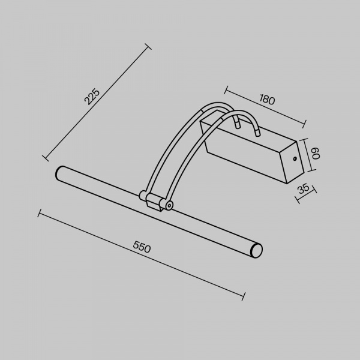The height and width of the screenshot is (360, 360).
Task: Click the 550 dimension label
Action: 142,247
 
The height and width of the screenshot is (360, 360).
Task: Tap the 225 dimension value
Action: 92,97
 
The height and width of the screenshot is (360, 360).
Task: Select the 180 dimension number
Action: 267,100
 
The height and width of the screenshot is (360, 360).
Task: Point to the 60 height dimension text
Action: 316,154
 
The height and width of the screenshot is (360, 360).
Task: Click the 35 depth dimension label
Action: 304,189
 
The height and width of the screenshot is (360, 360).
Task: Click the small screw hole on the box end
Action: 295,158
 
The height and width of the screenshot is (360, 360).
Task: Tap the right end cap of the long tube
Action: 257,250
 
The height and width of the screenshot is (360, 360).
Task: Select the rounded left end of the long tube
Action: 59,174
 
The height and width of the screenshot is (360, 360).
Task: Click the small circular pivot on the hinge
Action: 169,205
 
